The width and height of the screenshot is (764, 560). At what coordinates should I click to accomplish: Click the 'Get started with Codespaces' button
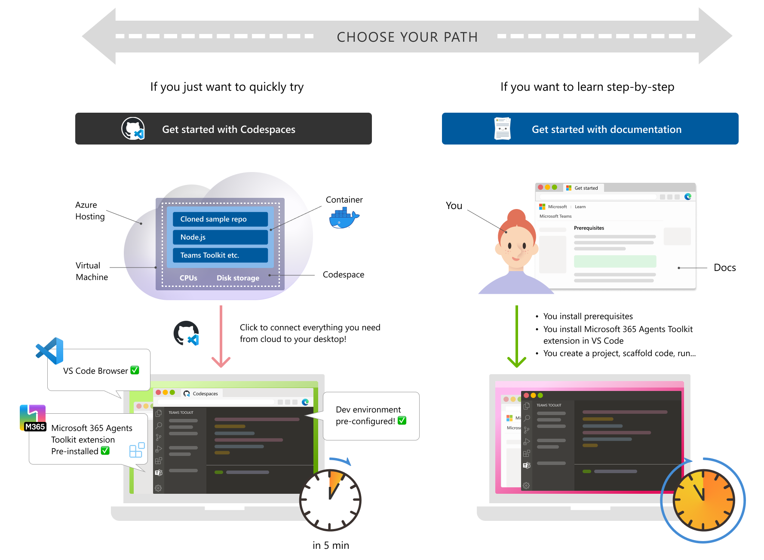click(223, 129)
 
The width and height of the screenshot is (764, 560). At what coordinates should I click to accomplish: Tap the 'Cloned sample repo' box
click(220, 219)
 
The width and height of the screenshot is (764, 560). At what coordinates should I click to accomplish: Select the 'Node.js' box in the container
click(220, 237)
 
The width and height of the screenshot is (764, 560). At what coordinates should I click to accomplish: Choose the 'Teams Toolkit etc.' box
click(220, 255)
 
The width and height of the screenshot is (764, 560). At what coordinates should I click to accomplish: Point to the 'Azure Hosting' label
click(90, 211)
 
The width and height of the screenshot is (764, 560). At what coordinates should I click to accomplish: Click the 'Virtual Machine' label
click(92, 271)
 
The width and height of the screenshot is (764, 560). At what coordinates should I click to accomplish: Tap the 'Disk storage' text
click(238, 278)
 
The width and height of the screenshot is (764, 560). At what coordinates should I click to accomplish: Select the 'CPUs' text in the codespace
click(188, 278)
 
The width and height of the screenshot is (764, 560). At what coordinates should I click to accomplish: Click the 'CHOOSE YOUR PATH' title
click(407, 37)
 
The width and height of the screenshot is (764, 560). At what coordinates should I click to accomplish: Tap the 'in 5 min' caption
click(331, 545)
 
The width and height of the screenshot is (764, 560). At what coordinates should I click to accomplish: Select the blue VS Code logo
click(50, 351)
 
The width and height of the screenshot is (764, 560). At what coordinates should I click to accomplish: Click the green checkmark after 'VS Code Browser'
click(135, 370)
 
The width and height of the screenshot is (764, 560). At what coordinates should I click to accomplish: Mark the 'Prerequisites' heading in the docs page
click(589, 228)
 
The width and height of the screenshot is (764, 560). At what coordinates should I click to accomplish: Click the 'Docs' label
click(724, 268)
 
